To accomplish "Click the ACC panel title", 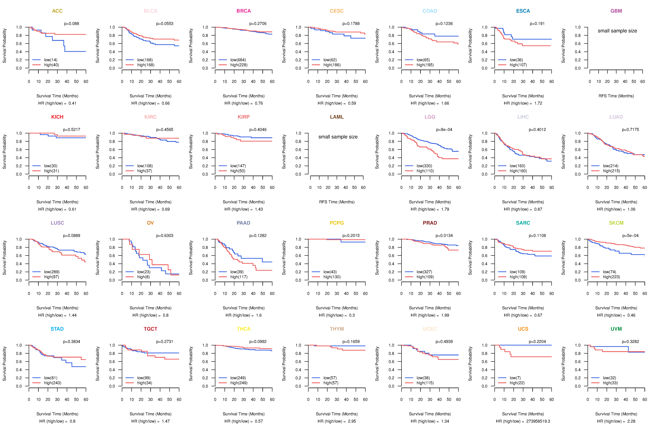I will click(57, 11).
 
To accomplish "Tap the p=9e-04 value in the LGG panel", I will click(444, 130).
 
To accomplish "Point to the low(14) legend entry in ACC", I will click(51, 60).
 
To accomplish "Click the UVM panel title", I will click(616, 329).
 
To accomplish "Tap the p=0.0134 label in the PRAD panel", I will click(444, 236).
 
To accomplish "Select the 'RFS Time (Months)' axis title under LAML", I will click(337, 202).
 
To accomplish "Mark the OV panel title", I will click(150, 223).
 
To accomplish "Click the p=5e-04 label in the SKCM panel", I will click(630, 236).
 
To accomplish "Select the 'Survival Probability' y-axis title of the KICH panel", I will click(4, 152).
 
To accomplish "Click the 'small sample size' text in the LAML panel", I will click(338, 137).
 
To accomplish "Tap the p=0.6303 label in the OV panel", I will click(165, 236).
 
